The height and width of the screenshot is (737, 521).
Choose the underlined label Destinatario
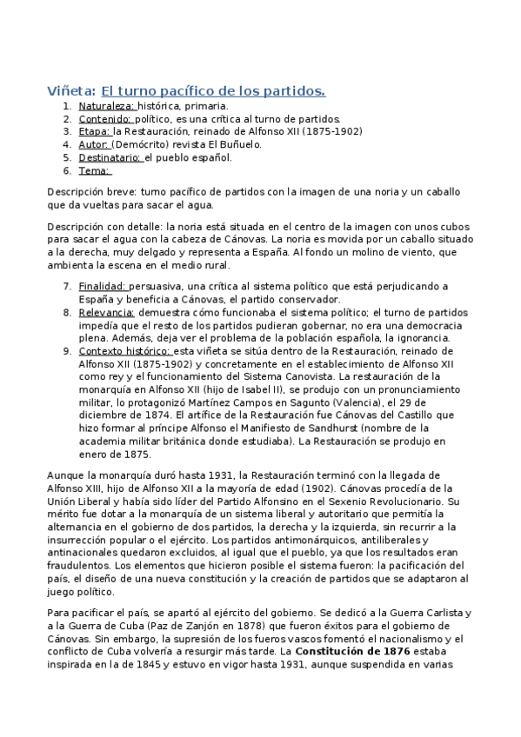coord(111,157)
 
